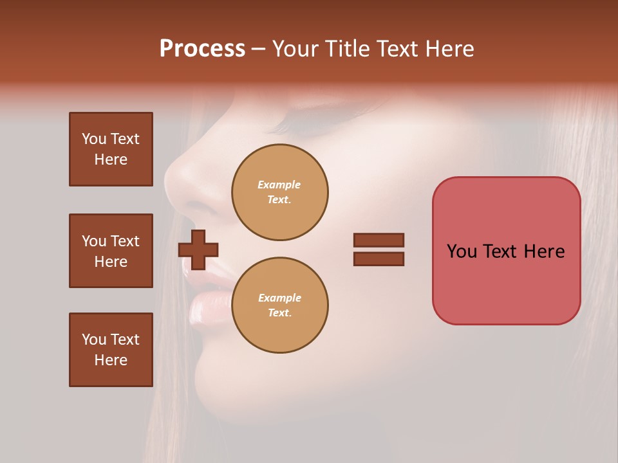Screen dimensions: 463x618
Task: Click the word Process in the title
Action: pyautogui.click(x=202, y=49)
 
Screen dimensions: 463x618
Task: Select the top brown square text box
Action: pyautogui.click(x=111, y=149)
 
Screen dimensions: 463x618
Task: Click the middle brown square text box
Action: pyautogui.click(x=111, y=251)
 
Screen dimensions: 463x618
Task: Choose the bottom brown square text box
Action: pyautogui.click(x=111, y=350)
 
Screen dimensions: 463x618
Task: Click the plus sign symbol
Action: pyautogui.click(x=198, y=249)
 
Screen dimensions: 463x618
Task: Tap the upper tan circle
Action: pyautogui.click(x=280, y=192)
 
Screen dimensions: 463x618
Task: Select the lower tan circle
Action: pyautogui.click(x=280, y=305)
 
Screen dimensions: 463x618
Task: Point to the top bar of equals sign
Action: pyautogui.click(x=379, y=240)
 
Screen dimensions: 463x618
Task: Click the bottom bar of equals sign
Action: pyautogui.click(x=379, y=259)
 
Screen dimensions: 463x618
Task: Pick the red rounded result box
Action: pyautogui.click(x=506, y=251)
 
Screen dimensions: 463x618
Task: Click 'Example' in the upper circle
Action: pyautogui.click(x=279, y=185)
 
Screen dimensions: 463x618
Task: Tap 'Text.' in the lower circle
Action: pyautogui.click(x=279, y=313)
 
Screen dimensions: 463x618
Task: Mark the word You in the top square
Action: pyautogui.click(x=94, y=139)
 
